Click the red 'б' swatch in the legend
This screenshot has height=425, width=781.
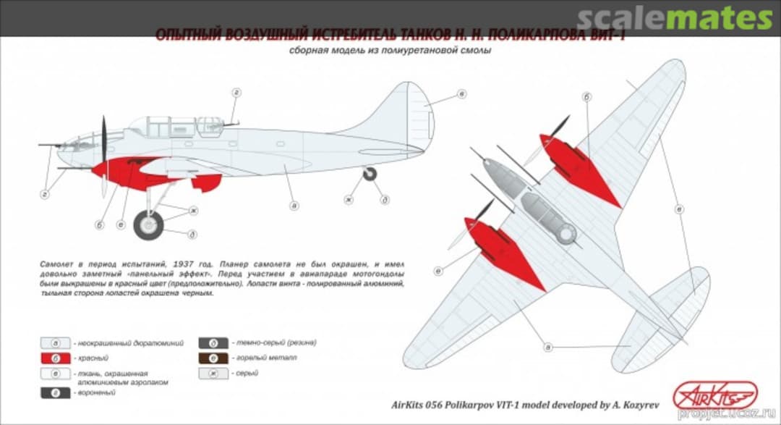pyautogui.click(x=55, y=358)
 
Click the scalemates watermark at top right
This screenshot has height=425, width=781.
pyautogui.click(x=676, y=18)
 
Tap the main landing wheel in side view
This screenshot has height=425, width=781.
pyautogui.click(x=149, y=224)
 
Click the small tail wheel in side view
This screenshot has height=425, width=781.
pyautogui.click(x=370, y=174)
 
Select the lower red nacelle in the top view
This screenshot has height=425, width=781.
pyautogui.click(x=506, y=250)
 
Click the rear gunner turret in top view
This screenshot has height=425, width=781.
pyautogui.click(x=566, y=232)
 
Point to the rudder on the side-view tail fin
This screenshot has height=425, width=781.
pyautogui.click(x=418, y=119)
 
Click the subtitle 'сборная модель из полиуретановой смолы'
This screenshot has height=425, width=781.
pyautogui.click(x=390, y=51)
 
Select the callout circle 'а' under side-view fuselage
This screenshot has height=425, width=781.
pyautogui.click(x=294, y=206)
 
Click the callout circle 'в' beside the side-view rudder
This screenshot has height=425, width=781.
pyautogui.click(x=461, y=95)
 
